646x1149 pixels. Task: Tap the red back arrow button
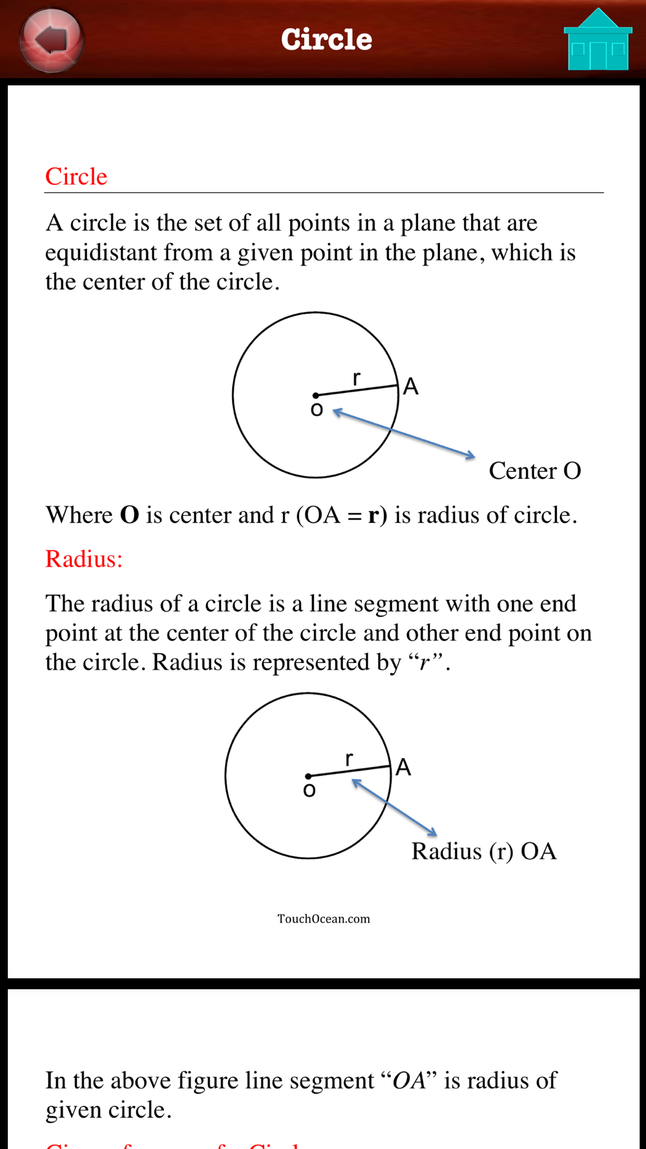pos(52,39)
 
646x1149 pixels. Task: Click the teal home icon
pos(598,41)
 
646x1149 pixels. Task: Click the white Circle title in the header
pos(326,39)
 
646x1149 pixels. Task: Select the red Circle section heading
pos(76,176)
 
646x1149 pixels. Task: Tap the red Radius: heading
pos(84,559)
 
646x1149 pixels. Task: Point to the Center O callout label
pos(535,471)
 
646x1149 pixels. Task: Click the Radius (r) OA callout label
pos(484,851)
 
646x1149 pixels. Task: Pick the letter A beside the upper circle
pos(411,387)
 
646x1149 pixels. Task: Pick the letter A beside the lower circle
pos(403,768)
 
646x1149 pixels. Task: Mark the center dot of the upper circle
pos(315,395)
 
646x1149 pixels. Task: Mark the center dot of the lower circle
pos(308,776)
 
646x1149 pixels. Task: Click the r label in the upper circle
pos(357,379)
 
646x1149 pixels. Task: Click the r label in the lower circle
pos(349,759)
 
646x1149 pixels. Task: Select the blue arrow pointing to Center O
pos(404,434)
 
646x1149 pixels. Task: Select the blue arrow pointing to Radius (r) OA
pos(394,808)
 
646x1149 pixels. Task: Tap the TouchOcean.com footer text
pos(324,919)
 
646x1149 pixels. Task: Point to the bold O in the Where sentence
pos(130,515)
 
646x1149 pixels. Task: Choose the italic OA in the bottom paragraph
pos(409,1080)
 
